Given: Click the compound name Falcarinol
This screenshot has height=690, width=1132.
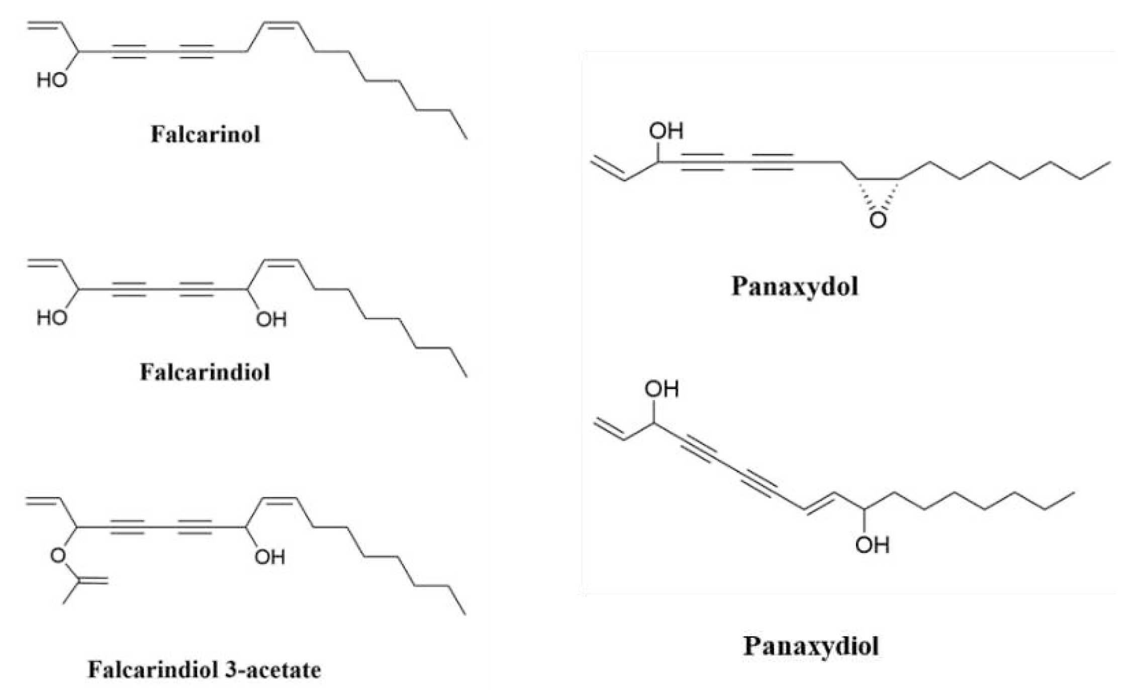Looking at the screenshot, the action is pos(206,134).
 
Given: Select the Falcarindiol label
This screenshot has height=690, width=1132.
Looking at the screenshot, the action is pos(205,372).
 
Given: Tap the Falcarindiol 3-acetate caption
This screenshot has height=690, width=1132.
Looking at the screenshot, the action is pos(204,670).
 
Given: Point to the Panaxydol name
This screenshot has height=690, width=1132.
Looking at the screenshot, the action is pos(795,287).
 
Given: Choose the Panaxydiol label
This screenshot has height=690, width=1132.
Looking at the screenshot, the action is pos(811,646).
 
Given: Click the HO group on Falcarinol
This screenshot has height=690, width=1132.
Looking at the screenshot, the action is pos(52,80).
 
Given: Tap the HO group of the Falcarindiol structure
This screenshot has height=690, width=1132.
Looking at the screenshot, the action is pos(52,318).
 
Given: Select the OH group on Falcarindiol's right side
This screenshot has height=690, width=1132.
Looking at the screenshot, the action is pos(271,319).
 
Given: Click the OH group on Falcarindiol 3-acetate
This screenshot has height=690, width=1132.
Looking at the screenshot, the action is pos(270,557).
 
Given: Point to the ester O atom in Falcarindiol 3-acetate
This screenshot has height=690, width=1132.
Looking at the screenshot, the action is pos(58,556).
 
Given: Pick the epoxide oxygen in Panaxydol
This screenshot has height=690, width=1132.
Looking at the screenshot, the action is pos(878,220).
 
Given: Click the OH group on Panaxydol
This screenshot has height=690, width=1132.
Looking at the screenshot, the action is pos(666,131).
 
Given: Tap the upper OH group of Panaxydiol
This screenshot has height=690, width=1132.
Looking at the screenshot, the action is pos(662,389).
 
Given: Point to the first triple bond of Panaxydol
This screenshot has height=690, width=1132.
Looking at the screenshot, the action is pos(702,162).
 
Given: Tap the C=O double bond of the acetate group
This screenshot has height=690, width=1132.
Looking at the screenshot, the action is pos(93,582).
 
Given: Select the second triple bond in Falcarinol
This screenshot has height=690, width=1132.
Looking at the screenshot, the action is pos(196,52).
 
